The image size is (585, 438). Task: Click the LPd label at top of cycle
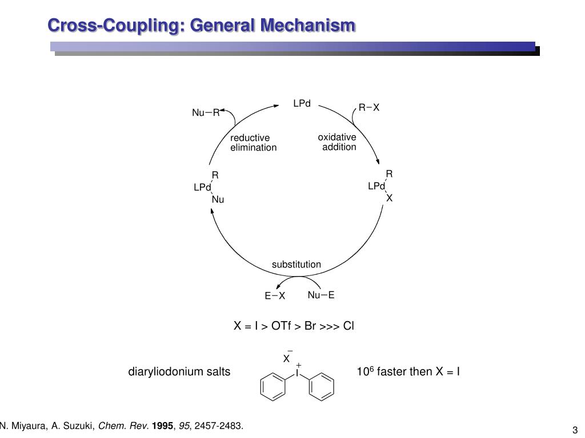pyautogui.click(x=302, y=104)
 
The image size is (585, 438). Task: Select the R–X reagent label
pyautogui.click(x=368, y=108)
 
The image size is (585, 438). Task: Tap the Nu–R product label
pyautogui.click(x=206, y=113)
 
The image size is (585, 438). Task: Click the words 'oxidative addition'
pyautogui.click(x=338, y=142)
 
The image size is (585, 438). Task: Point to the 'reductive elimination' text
pyautogui.click(x=253, y=143)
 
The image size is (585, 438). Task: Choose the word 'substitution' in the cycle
pyautogui.click(x=296, y=265)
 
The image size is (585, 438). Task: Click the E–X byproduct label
pyautogui.click(x=274, y=296)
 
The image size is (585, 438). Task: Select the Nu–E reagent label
pyautogui.click(x=320, y=295)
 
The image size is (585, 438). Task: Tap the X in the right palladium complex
pyautogui.click(x=390, y=198)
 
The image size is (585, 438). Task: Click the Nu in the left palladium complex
pyautogui.click(x=218, y=200)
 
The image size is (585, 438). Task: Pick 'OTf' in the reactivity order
pyautogui.click(x=280, y=326)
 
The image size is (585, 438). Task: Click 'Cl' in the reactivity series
pyautogui.click(x=348, y=326)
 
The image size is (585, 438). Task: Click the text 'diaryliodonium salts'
pyautogui.click(x=179, y=372)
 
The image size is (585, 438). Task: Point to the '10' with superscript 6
pyautogui.click(x=363, y=372)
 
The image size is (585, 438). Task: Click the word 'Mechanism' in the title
pyautogui.click(x=309, y=26)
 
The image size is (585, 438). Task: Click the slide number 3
pyautogui.click(x=575, y=429)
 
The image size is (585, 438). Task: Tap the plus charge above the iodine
pyautogui.click(x=298, y=365)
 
